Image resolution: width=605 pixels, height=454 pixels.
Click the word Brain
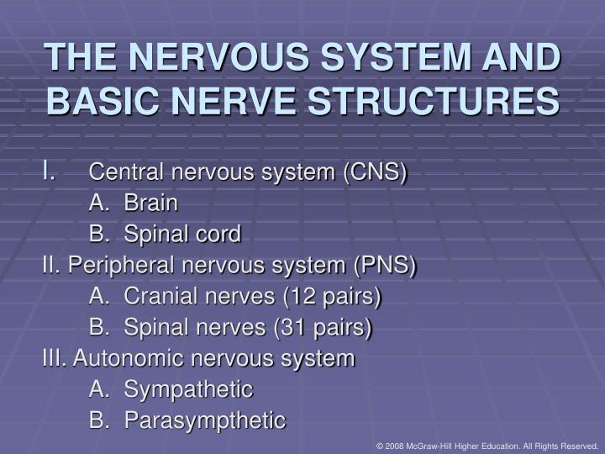tap(151, 203)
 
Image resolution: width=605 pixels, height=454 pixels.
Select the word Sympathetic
tap(188, 389)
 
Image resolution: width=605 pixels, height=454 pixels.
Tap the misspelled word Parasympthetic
tap(205, 420)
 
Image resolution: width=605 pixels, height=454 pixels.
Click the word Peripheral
tap(118, 266)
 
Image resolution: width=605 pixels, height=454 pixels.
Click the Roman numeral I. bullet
tap(50, 171)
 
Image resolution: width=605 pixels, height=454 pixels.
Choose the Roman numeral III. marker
tap(55, 359)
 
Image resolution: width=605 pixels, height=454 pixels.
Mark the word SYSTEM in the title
tap(406, 59)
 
